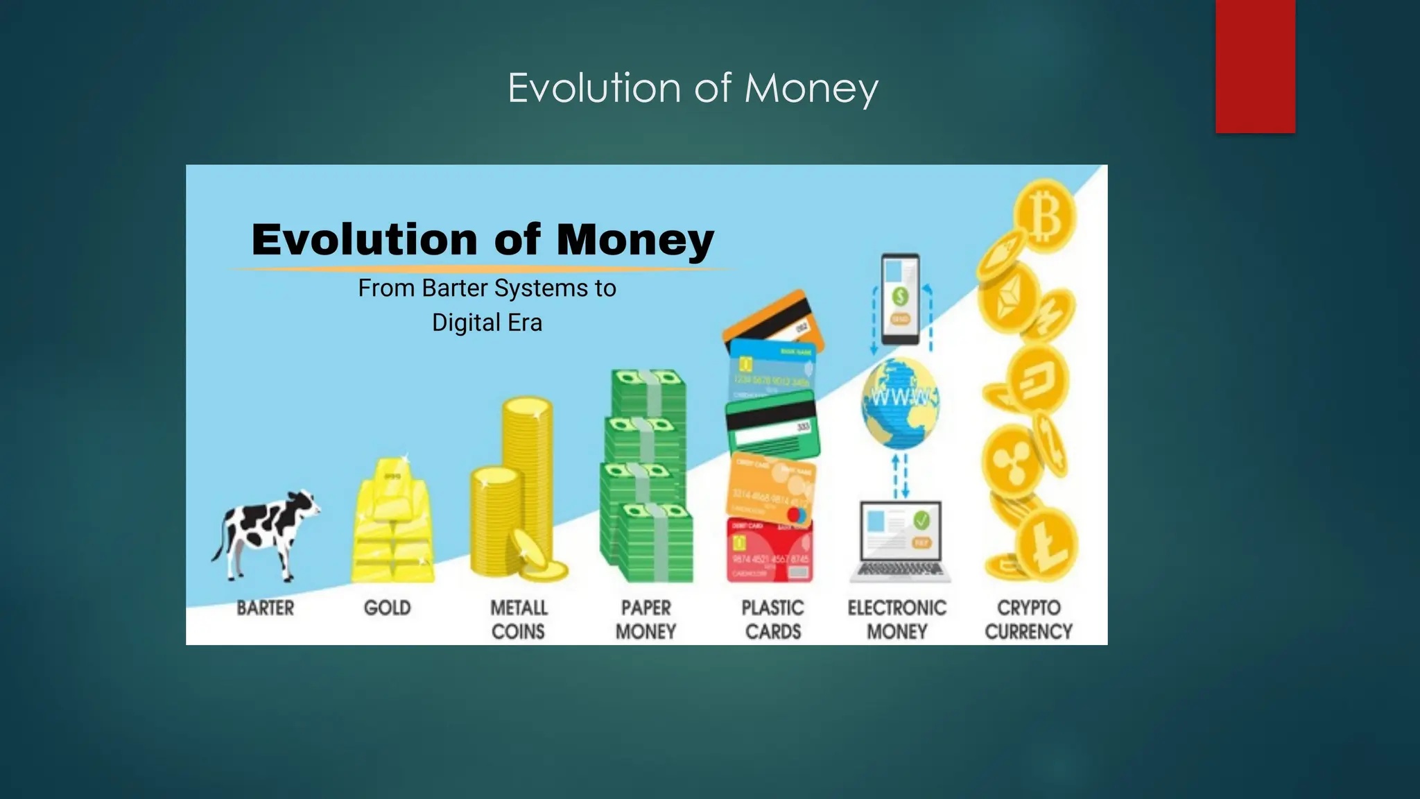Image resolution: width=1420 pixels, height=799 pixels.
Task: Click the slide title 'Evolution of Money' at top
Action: [x=693, y=88]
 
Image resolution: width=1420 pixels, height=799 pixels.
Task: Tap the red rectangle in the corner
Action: [x=1255, y=66]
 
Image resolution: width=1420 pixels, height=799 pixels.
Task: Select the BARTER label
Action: [x=265, y=608]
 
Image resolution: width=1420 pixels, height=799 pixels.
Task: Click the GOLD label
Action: [x=387, y=608]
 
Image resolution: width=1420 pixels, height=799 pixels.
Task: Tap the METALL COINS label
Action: [x=519, y=619]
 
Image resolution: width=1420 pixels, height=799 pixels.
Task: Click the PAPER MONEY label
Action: [x=646, y=619]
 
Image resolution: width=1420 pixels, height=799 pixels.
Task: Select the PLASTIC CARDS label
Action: [x=772, y=619]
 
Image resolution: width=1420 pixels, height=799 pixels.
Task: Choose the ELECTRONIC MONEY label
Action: [x=897, y=619]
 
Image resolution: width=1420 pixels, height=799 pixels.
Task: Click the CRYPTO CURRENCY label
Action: [x=1028, y=619]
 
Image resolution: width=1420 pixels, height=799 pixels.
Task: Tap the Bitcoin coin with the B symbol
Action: [x=1045, y=217]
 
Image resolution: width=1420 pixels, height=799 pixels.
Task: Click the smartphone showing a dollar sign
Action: [x=900, y=299]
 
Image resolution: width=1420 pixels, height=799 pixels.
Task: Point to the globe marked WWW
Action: [x=900, y=402]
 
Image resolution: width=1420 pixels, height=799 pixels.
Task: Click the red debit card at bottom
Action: [x=770, y=551]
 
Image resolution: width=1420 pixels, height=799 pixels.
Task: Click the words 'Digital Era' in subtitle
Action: [x=487, y=323]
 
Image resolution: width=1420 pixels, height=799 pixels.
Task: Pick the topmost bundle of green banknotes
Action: [x=648, y=392]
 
